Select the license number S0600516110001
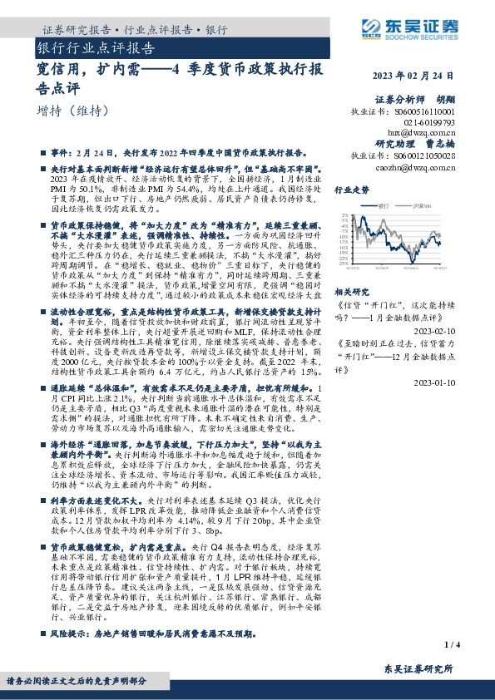tap(423, 111)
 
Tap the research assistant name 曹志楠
tap(440, 143)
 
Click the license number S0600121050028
tap(423, 155)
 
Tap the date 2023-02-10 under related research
tap(434, 328)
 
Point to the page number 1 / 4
tap(453, 644)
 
